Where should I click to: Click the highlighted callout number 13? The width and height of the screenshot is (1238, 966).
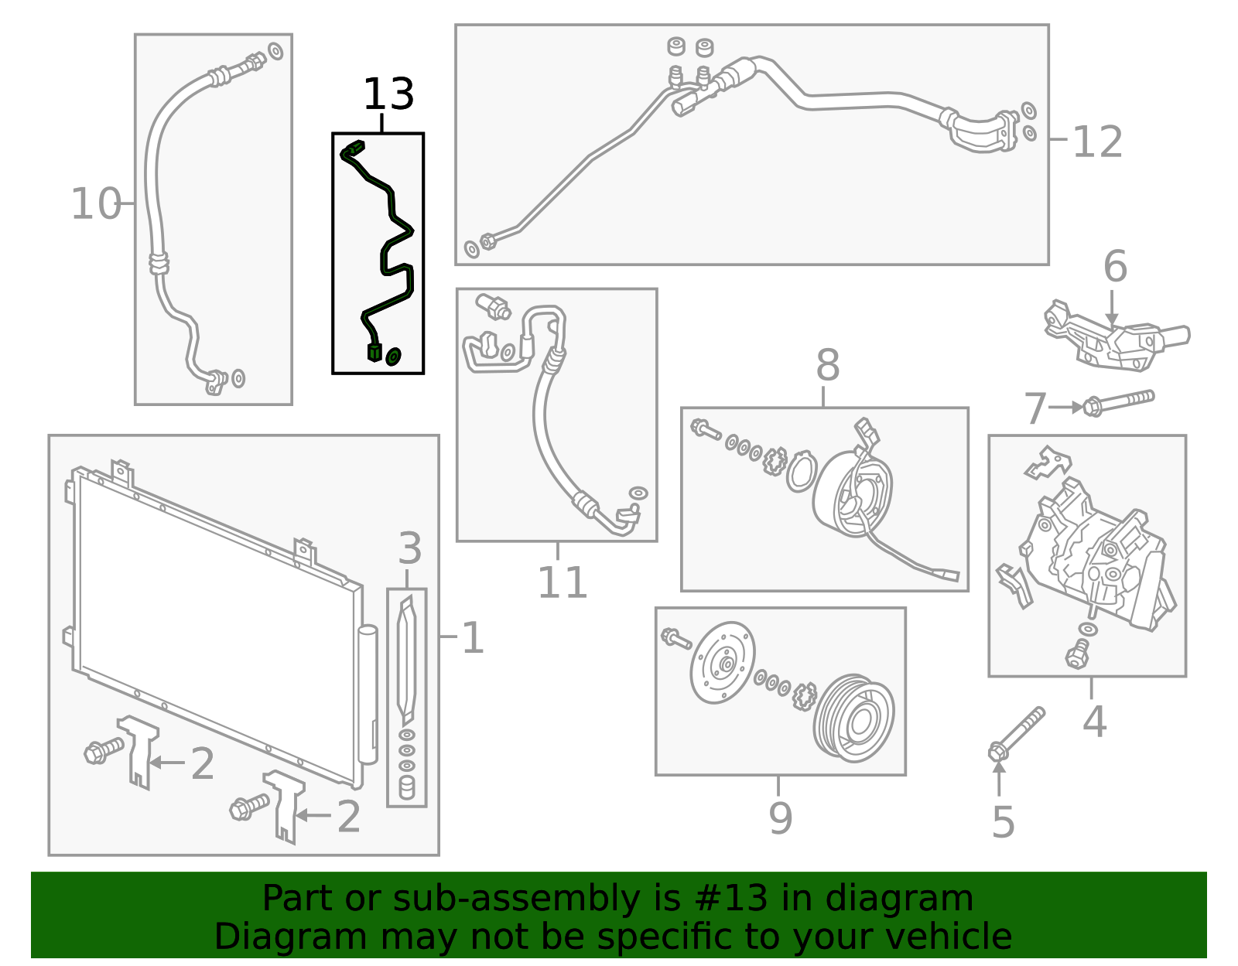click(388, 94)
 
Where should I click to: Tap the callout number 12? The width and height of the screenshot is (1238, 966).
click(1097, 142)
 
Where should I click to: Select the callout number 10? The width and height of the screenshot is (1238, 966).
click(96, 204)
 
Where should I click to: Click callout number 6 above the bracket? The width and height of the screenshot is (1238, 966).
click(1115, 267)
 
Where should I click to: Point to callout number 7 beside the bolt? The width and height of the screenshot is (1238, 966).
click(1035, 408)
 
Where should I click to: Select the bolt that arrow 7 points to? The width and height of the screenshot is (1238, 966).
click(1120, 402)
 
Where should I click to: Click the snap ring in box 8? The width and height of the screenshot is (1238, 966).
click(801, 473)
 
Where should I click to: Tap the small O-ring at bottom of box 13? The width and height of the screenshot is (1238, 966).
click(393, 356)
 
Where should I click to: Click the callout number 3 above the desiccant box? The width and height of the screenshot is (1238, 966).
click(409, 548)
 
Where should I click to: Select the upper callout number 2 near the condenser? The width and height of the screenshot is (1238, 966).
click(202, 764)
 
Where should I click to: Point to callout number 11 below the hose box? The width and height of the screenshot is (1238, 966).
click(562, 582)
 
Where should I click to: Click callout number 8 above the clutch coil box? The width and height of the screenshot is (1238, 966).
click(827, 365)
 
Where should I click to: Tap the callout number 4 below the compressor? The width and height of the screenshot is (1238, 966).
click(1094, 722)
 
